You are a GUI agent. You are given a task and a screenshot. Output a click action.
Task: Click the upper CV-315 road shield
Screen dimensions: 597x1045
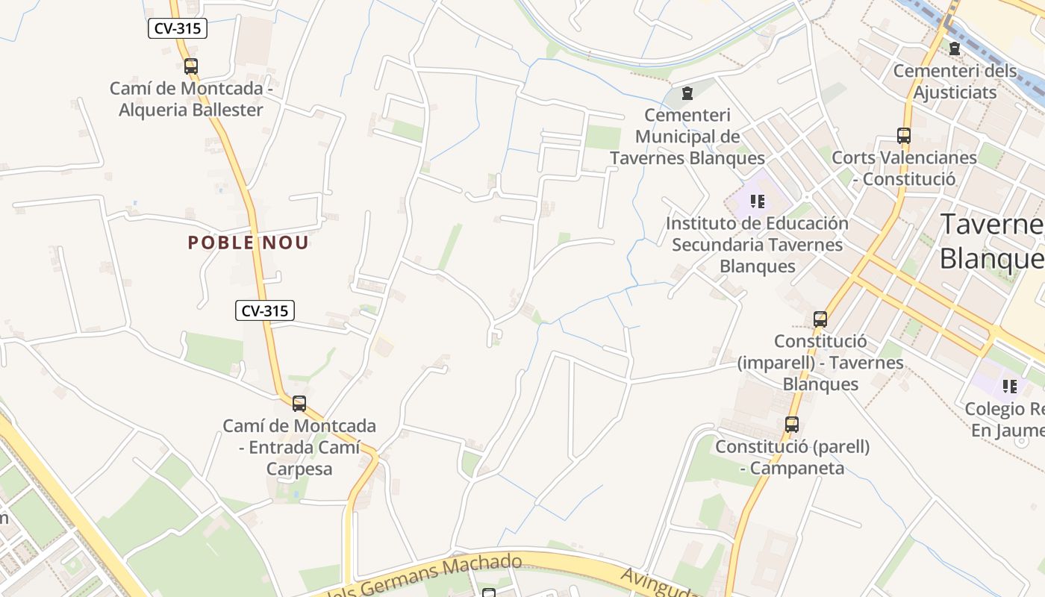[x=177, y=28]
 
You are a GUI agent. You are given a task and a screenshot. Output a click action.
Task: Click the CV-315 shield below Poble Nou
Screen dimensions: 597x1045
[x=265, y=310]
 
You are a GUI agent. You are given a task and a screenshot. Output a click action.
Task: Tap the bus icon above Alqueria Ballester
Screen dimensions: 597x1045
[x=191, y=66]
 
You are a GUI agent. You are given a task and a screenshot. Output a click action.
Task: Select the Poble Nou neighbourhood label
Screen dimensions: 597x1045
[x=248, y=243]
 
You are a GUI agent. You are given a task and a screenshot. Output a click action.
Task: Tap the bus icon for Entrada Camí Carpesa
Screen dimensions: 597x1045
[x=299, y=404]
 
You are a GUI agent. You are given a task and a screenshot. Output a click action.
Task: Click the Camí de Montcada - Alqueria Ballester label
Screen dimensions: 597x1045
[x=187, y=99]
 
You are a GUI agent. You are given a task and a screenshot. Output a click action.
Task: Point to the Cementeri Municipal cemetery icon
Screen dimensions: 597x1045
[x=687, y=93]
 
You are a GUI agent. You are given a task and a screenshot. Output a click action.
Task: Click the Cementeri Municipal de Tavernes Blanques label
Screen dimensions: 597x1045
[x=687, y=137]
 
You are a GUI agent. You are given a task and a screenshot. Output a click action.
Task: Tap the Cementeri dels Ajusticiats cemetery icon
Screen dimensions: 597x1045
[x=954, y=49]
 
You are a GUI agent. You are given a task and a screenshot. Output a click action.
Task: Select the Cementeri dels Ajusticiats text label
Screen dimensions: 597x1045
[x=955, y=82]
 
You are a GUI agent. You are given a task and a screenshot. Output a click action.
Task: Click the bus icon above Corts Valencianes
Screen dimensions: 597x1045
[x=904, y=136]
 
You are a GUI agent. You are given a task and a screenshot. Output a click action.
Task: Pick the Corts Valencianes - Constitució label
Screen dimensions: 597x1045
[x=904, y=169]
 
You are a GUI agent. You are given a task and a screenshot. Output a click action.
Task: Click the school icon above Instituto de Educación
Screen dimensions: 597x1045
[x=758, y=201]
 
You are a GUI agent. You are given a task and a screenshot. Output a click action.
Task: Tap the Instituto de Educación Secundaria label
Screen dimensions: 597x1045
[x=758, y=245]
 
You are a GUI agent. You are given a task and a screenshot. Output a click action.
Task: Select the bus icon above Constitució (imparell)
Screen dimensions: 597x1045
[x=820, y=319]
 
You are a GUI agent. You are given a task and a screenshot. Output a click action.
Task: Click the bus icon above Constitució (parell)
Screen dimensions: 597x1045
[x=792, y=425]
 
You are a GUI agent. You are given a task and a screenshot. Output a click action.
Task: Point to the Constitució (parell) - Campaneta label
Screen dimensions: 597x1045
[x=793, y=457]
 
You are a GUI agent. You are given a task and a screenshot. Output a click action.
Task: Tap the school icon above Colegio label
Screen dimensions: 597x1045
[x=1010, y=387]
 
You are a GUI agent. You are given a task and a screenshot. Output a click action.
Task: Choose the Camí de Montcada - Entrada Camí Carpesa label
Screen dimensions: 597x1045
[x=299, y=447]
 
